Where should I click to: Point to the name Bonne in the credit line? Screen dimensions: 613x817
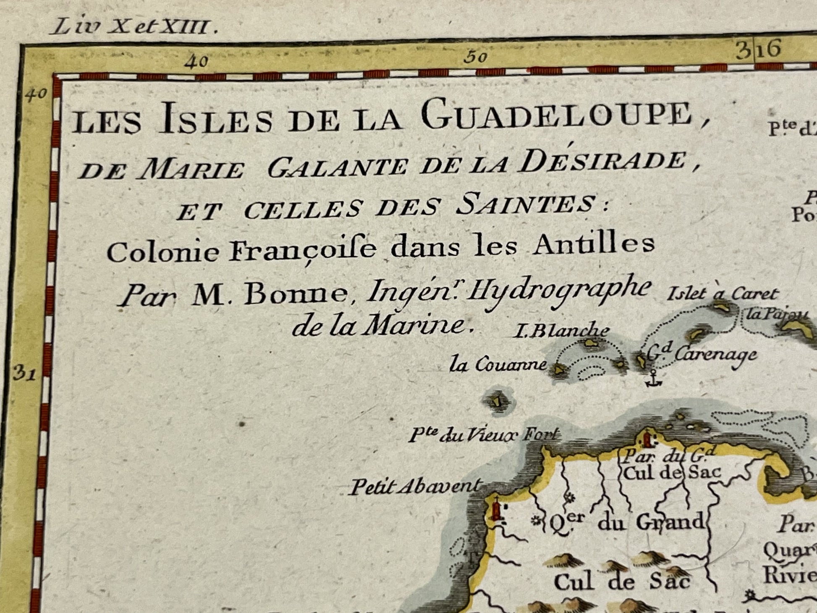click(x=296, y=293)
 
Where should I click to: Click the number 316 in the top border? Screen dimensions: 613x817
click(x=758, y=50)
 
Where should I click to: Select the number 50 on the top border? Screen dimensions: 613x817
click(x=475, y=58)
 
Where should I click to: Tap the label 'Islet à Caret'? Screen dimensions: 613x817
click(x=722, y=293)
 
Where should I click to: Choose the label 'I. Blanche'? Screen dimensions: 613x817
click(x=560, y=331)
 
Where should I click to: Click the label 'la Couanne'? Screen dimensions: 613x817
click(x=498, y=364)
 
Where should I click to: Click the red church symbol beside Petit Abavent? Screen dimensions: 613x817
click(x=497, y=510)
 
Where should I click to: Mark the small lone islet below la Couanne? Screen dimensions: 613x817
click(x=498, y=401)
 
